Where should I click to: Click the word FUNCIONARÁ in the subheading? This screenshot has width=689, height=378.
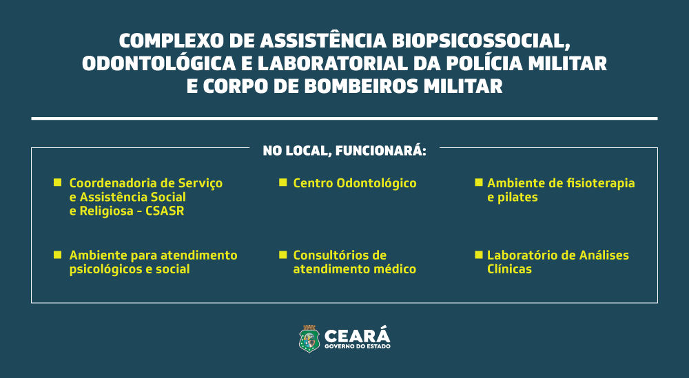(x=380, y=151)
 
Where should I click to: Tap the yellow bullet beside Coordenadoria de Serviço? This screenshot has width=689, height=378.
(x=58, y=182)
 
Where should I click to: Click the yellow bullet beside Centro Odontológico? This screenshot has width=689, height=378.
(x=283, y=182)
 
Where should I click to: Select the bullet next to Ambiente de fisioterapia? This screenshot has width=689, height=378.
(x=479, y=182)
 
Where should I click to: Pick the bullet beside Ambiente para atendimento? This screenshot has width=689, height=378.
(x=58, y=255)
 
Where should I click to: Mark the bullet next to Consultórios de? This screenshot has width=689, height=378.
(x=283, y=255)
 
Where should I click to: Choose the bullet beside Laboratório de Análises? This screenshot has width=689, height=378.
(x=479, y=255)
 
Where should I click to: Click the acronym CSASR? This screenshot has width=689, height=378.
(x=165, y=211)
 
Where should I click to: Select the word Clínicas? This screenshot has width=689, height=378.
(x=509, y=269)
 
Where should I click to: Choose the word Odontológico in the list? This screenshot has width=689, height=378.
(x=377, y=184)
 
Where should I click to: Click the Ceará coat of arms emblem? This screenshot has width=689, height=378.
(x=309, y=339)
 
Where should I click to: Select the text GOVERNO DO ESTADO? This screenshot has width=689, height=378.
(x=357, y=346)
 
